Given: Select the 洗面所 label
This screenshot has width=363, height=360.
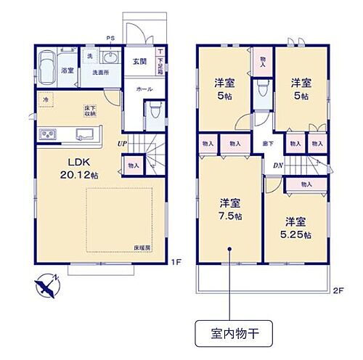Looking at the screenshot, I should point(101,73).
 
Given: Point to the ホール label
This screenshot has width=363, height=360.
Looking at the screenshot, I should point(143,89).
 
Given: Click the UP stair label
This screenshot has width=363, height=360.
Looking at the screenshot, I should point(125,144).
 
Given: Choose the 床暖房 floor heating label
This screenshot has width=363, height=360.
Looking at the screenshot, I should point(141,248).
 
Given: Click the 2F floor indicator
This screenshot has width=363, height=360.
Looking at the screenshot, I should point(338,290).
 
